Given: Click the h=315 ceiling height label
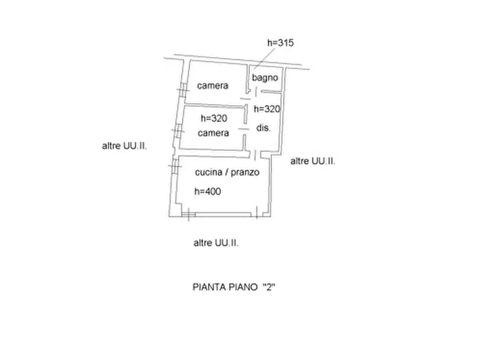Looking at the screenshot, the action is coord(281,43).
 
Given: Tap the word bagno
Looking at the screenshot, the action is coord(265,78).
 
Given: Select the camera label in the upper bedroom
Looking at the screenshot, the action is coord(213,85).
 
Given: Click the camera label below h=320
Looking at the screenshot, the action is coord(213,133).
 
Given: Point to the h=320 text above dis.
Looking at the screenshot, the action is coord(267,109).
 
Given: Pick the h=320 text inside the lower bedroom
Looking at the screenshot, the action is coord(214,118).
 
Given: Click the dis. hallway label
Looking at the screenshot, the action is coord(263,128).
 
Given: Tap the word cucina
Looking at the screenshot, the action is coord(209,172).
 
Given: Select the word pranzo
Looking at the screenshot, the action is coord(245,172).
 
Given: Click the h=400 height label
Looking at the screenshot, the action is coord(207,191).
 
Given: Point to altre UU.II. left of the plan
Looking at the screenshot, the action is coord(124,146).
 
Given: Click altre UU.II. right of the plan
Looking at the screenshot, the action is coord(312,161).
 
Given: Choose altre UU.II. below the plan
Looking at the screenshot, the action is coord(216,243).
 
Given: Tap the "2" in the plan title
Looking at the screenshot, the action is coord(269,287).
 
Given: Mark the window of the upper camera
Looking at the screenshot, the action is coord(183,90).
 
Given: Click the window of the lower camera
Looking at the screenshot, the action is coord(178,132).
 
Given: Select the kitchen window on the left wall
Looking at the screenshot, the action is coord(175,165).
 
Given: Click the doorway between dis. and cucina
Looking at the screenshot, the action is coord(255,155).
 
